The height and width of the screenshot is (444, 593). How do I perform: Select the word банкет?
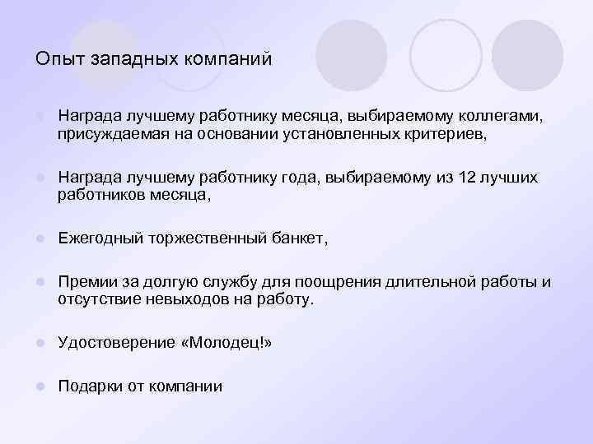click(300, 239)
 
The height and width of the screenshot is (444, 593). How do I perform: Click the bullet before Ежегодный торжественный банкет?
click(40, 239)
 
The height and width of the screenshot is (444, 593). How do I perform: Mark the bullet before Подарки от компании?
click(40, 386)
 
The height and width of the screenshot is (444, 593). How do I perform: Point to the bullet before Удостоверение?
click(40, 344)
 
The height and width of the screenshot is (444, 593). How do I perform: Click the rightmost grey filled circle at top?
click(528, 55)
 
